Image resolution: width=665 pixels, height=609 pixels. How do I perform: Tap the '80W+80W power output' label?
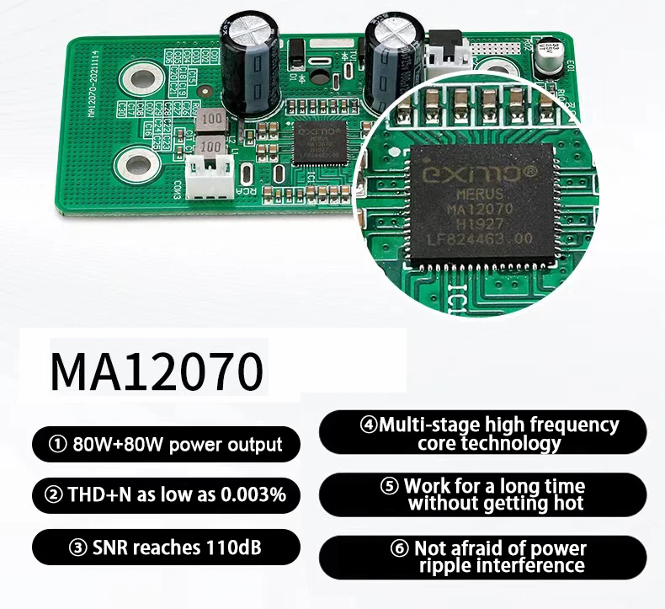coord(166,444)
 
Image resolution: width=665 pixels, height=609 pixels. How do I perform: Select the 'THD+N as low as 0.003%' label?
coord(166,494)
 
